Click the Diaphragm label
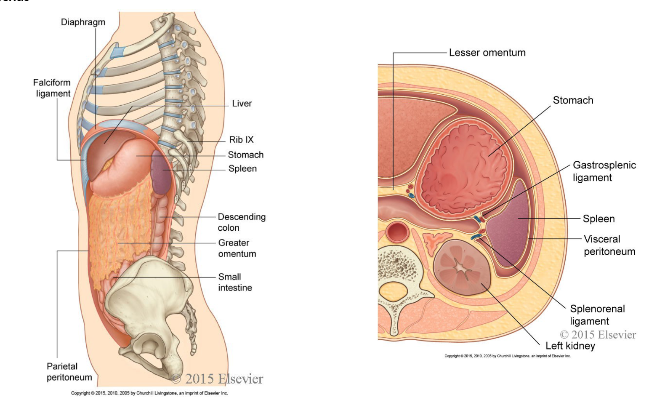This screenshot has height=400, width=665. (x=83, y=22)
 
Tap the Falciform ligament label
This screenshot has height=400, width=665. (x=52, y=88)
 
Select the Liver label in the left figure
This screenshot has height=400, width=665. (x=242, y=104)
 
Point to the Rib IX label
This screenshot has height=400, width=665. (x=241, y=140)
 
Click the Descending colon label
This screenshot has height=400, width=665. (x=241, y=222)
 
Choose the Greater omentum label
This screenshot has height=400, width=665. (x=237, y=248)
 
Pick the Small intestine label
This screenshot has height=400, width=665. (x=234, y=283)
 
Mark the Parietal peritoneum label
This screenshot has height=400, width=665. (x=69, y=372)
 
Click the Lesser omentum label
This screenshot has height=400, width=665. (x=487, y=53)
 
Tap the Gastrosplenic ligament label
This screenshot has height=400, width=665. (x=604, y=171)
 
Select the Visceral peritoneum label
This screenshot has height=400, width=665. (x=609, y=245)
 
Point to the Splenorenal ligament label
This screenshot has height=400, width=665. (x=597, y=315)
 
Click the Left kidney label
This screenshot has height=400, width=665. (x=570, y=346)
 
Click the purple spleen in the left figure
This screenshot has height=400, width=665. (x=161, y=173)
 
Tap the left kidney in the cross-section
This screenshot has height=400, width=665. (x=462, y=267)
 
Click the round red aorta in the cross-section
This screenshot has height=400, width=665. (x=397, y=232)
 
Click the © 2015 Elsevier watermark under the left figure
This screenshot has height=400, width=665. (x=217, y=379)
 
